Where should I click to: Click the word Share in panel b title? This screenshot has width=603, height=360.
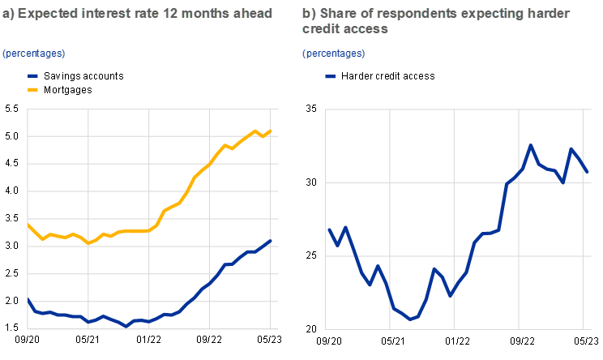click(x=334, y=14)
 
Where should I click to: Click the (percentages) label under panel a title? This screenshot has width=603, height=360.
click(x=33, y=54)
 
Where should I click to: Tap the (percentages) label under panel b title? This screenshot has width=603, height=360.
click(x=334, y=54)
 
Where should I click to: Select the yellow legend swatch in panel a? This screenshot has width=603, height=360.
click(x=33, y=89)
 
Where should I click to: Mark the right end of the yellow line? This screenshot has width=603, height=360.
click(x=271, y=131)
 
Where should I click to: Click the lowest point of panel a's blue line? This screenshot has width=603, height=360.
click(x=126, y=326)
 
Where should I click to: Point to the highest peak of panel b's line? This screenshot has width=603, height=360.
click(x=531, y=146)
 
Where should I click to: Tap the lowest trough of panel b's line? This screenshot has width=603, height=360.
click(x=410, y=319)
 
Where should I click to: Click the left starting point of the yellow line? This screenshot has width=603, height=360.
click(x=28, y=224)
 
